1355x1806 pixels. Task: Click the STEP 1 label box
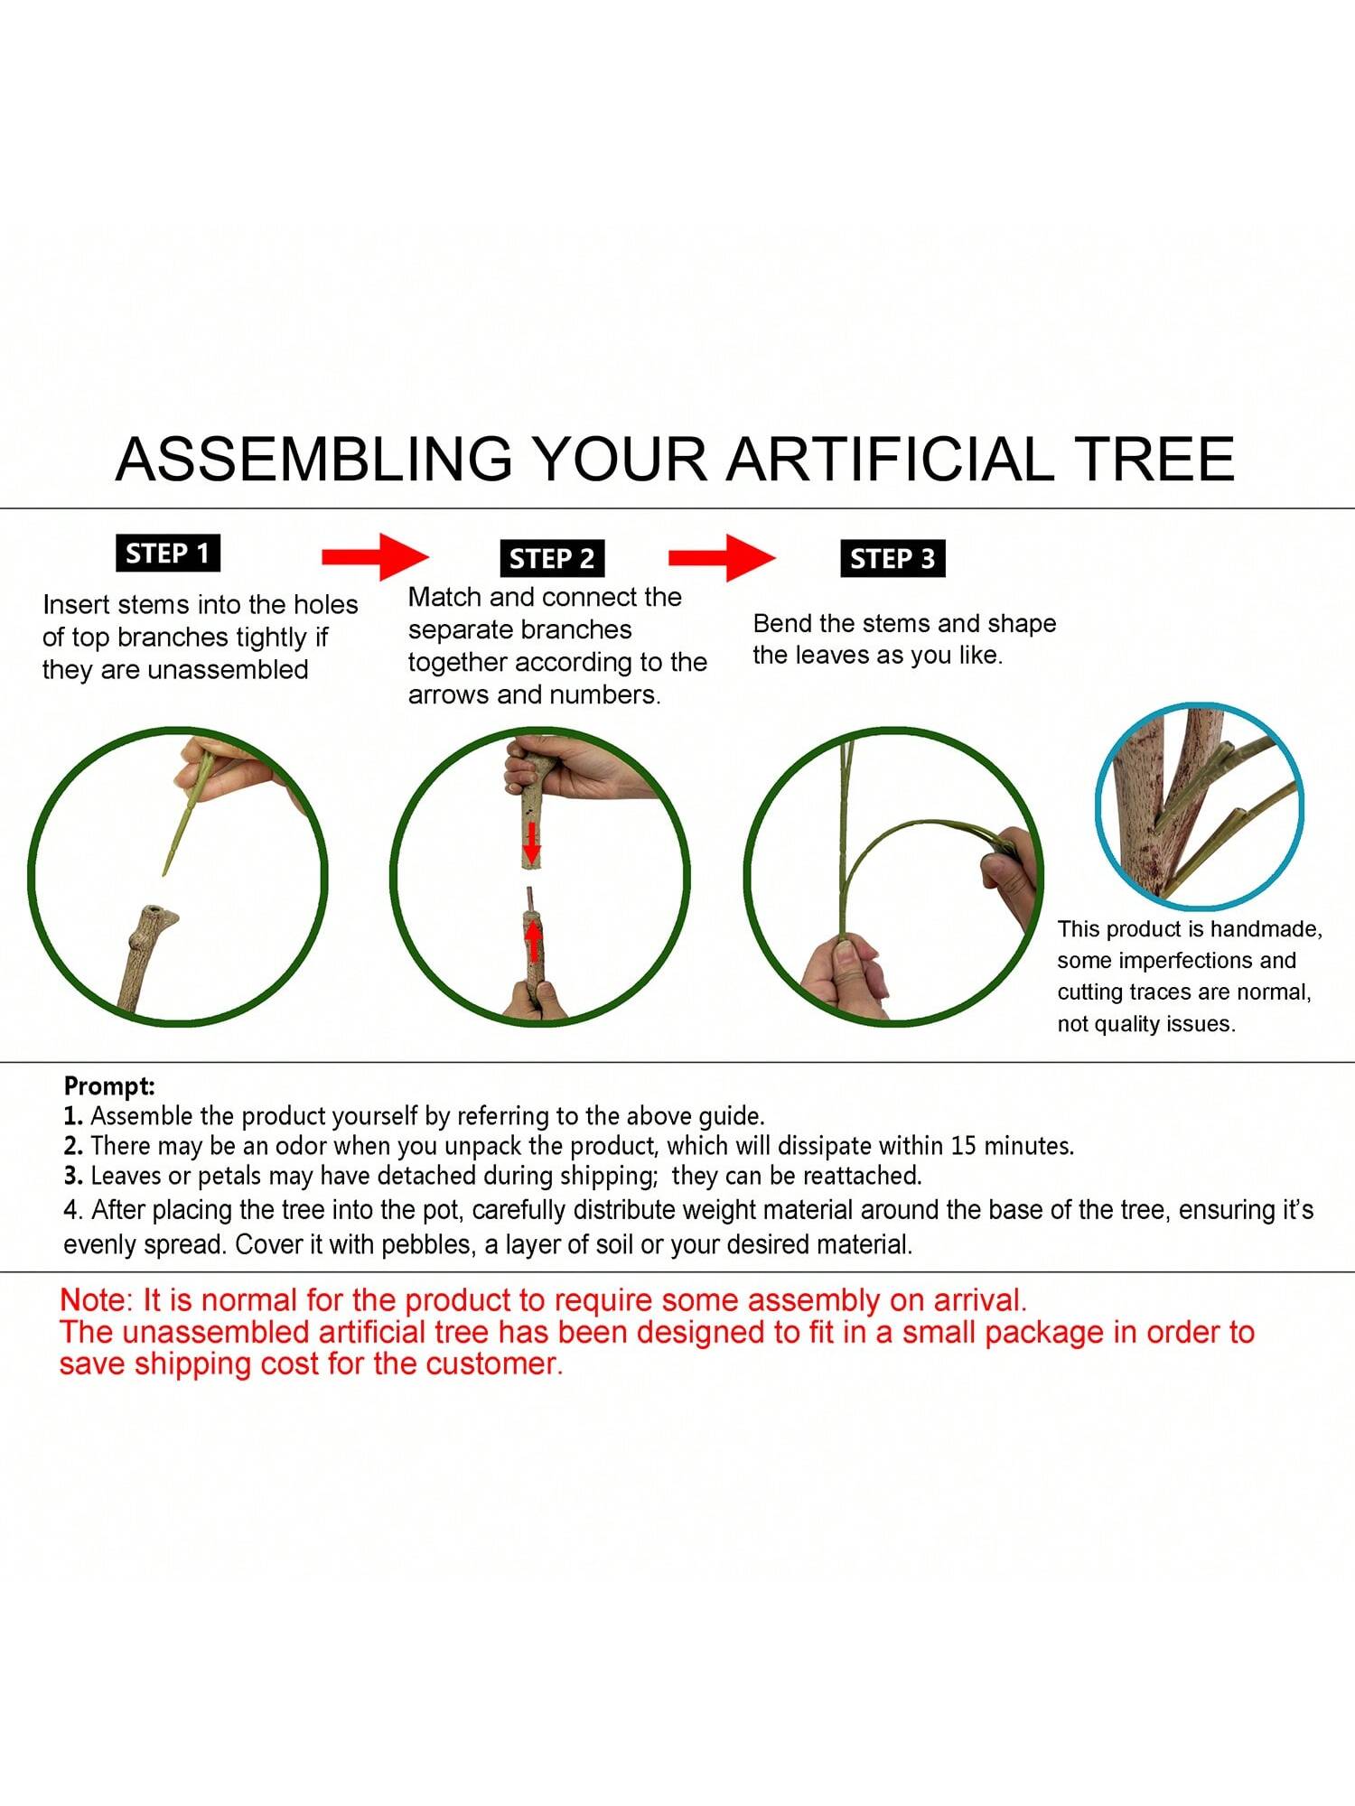(x=168, y=553)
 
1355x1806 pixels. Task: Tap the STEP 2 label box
(x=551, y=559)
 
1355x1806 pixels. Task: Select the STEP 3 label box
(x=892, y=559)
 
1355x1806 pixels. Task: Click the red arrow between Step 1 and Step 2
(x=375, y=556)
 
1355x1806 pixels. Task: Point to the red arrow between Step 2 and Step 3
(x=722, y=557)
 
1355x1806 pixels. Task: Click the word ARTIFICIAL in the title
(x=889, y=459)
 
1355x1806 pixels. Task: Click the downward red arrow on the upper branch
(x=532, y=842)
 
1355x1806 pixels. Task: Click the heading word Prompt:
(x=109, y=1086)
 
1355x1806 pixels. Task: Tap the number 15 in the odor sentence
(x=964, y=1146)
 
